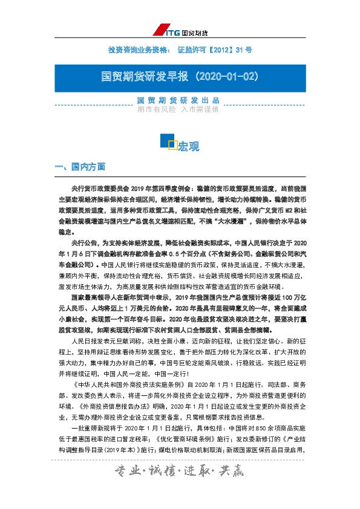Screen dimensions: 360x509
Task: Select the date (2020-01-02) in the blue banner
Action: point(227,77)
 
